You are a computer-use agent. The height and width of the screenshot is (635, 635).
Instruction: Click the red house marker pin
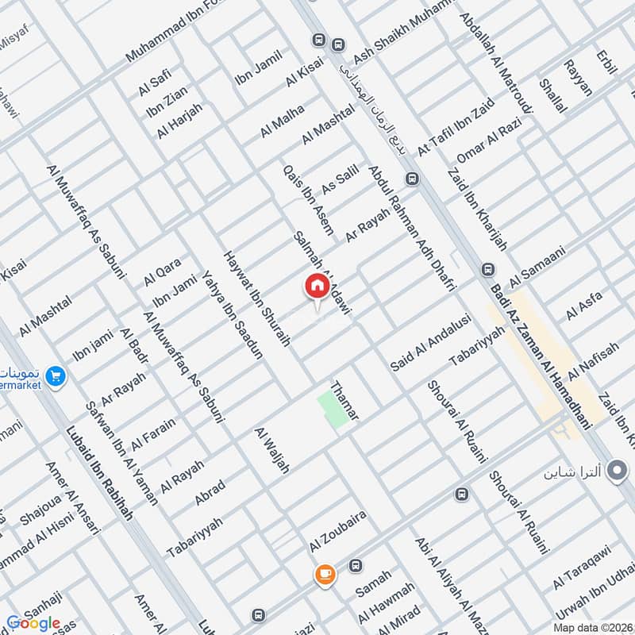click(316, 286)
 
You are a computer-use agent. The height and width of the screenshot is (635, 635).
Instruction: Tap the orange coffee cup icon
click(324, 575)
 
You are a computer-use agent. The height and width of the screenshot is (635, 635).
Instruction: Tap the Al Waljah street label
click(271, 452)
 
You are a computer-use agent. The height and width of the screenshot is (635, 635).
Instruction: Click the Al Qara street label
click(163, 271)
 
